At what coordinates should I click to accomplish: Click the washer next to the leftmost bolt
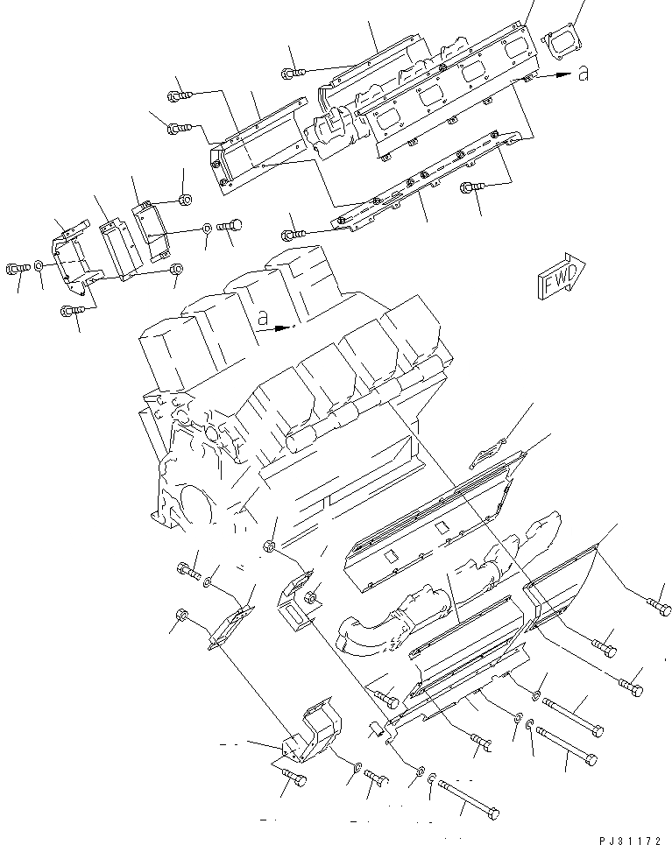(39, 267)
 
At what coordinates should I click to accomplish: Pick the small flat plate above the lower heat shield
(486, 455)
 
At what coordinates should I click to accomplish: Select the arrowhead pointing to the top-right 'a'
(555, 77)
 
